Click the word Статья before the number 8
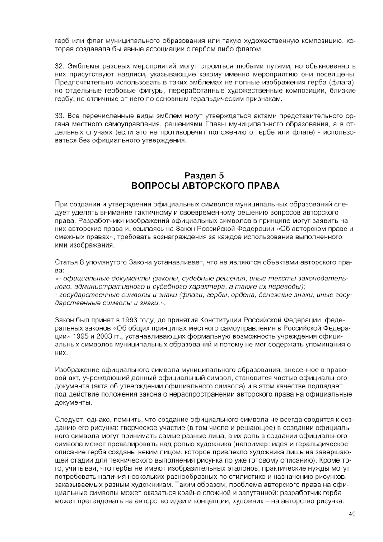(x=65, y=262)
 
